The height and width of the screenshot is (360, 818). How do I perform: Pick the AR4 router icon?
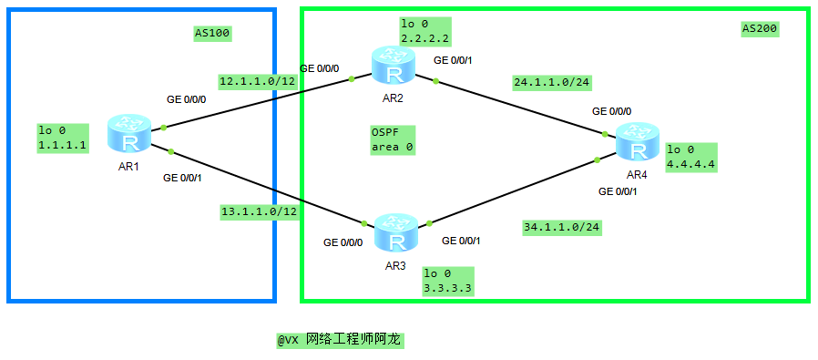(x=637, y=143)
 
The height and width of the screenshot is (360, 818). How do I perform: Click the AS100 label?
(x=213, y=34)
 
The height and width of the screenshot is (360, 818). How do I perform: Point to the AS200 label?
(x=760, y=28)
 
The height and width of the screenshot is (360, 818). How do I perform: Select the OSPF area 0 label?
(x=392, y=139)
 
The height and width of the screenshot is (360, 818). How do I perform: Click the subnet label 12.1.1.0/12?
(x=258, y=81)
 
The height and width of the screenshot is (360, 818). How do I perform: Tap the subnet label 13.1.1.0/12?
(x=260, y=212)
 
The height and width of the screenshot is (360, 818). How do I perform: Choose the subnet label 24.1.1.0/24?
(x=552, y=82)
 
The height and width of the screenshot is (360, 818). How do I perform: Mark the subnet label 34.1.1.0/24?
(x=561, y=227)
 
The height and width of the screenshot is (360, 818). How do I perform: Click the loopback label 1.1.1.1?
(x=63, y=138)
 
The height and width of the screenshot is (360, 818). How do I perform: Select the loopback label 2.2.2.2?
(x=424, y=31)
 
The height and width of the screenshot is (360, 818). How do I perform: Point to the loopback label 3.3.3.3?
(x=447, y=280)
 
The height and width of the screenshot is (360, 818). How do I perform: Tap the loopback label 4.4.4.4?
(x=691, y=157)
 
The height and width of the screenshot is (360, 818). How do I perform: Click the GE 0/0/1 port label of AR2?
(x=458, y=60)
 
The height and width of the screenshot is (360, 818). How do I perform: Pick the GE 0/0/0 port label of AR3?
(x=343, y=242)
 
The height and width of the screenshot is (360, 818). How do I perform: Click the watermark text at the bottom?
(x=340, y=339)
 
